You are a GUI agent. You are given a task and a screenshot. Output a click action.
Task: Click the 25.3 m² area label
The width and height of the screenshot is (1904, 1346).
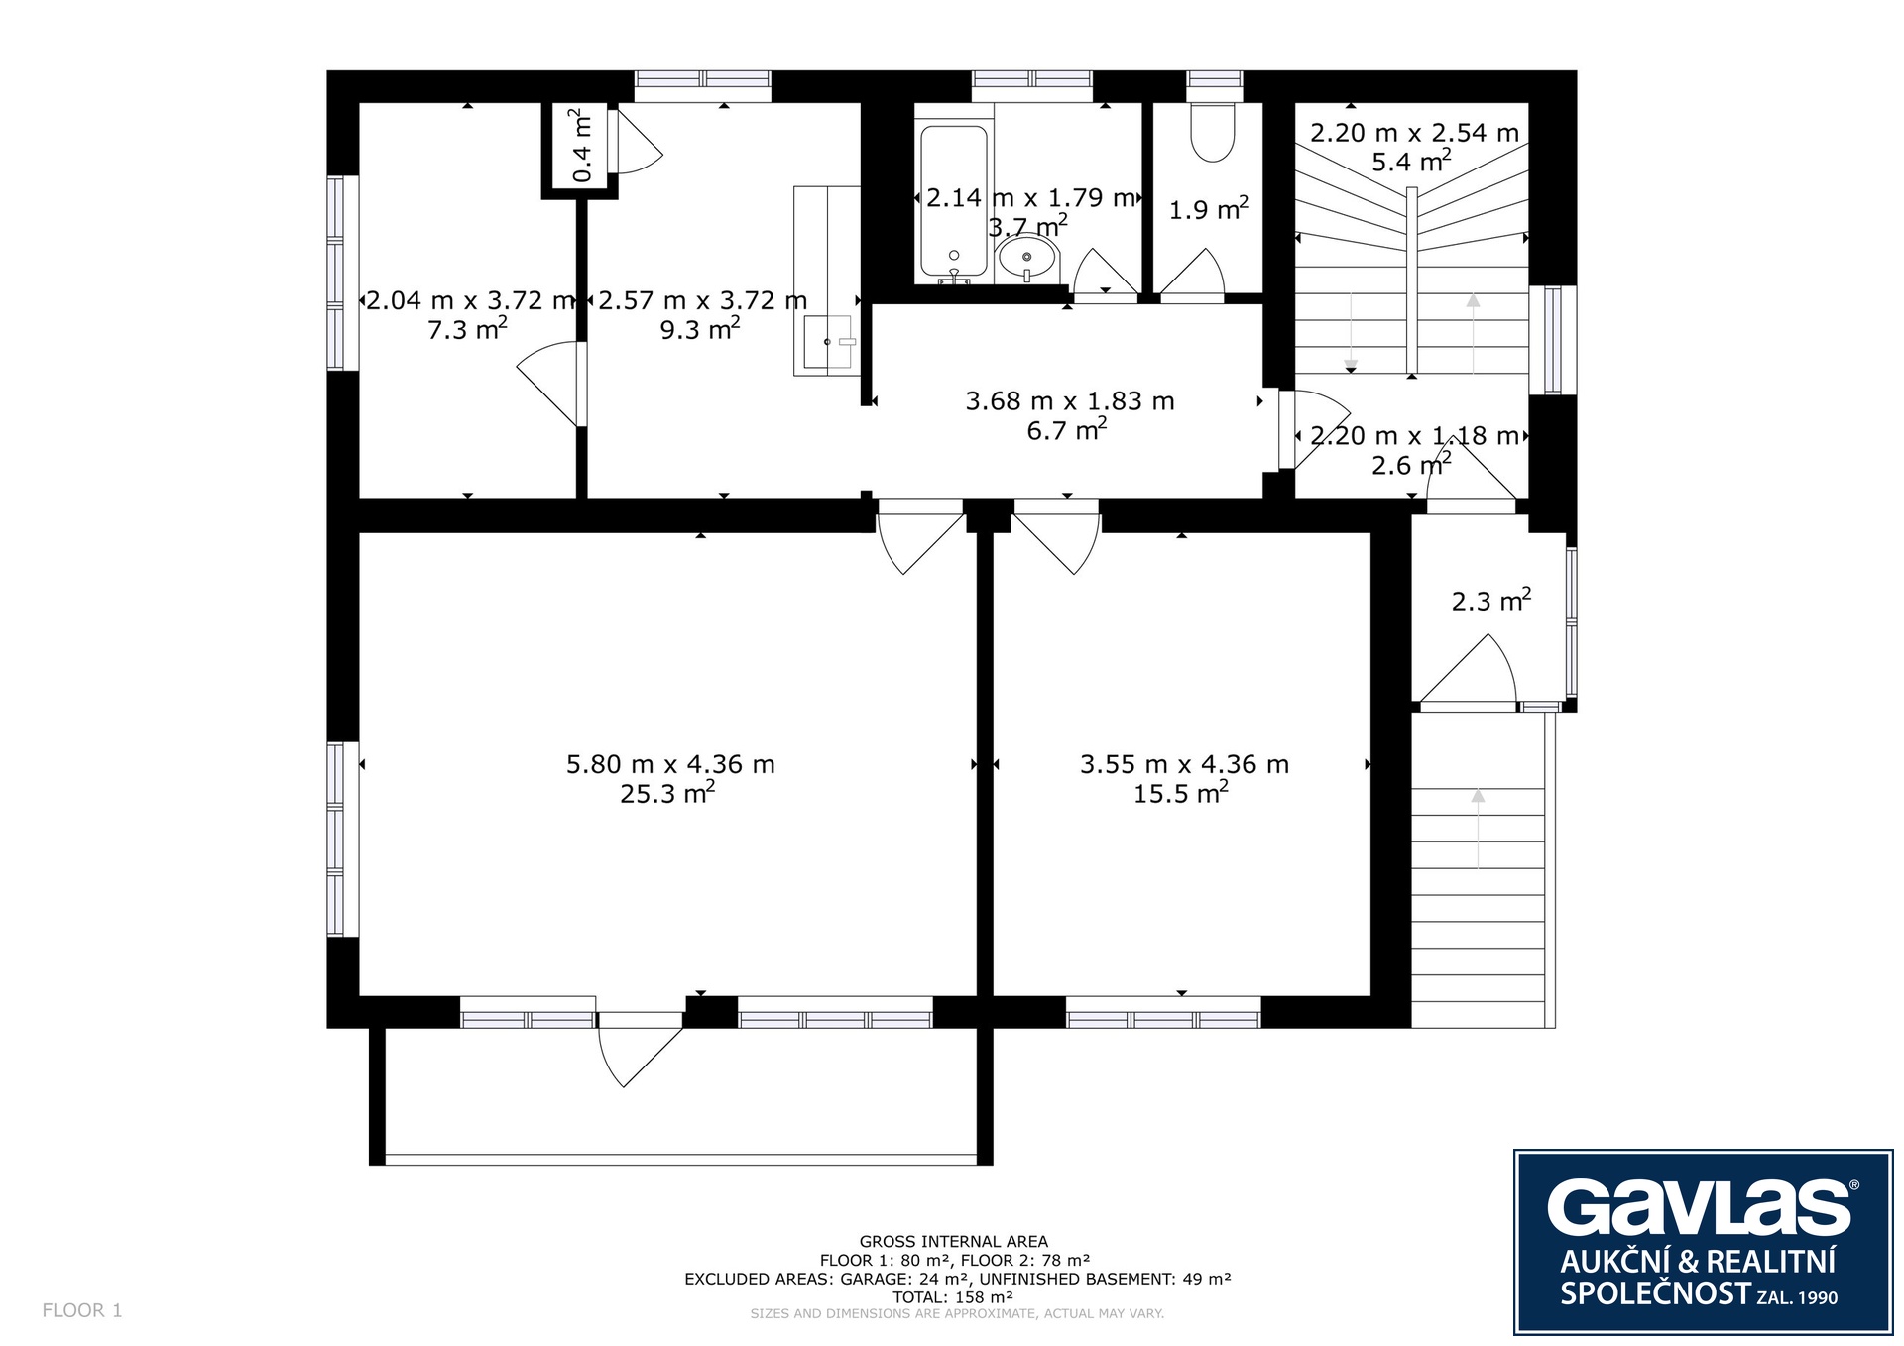[x=667, y=793]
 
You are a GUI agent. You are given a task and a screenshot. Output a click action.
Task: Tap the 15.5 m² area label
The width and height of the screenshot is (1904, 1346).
[x=1181, y=793]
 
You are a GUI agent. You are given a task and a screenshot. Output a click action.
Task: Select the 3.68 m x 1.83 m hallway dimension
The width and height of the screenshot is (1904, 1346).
[x=1070, y=401]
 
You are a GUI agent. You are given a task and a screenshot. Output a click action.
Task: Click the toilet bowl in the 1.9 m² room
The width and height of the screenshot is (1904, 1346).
[x=1212, y=133]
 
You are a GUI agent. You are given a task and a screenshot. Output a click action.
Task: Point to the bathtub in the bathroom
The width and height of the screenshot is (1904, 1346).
[x=954, y=201]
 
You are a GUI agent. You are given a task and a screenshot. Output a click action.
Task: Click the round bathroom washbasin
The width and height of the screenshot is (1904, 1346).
[x=1027, y=259]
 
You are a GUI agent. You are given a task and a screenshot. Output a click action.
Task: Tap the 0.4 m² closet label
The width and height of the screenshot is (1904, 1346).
[x=582, y=147]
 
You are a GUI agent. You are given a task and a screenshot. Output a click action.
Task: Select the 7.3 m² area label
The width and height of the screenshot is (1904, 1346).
[x=467, y=329]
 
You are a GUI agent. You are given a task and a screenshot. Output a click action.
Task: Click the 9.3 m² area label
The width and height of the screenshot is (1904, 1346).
[x=700, y=329]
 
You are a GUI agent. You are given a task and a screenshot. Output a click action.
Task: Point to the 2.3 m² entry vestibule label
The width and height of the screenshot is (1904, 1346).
[x=1491, y=601]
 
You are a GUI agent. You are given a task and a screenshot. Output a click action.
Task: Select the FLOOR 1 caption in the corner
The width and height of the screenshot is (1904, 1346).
[x=82, y=1310]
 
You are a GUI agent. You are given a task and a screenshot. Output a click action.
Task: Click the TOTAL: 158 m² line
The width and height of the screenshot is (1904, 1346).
[x=953, y=1297]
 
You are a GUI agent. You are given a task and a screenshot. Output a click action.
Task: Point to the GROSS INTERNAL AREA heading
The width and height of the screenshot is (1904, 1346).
[x=953, y=1241]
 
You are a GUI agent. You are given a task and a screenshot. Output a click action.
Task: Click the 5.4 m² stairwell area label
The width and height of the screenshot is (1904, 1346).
[x=1412, y=161]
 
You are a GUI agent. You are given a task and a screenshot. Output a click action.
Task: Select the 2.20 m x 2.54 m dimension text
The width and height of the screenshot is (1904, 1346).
[x=1414, y=133]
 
